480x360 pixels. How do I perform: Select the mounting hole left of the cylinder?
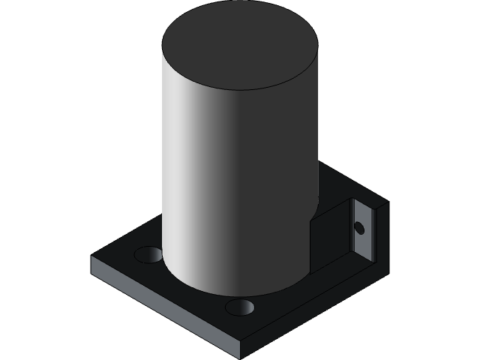pyautogui.click(x=148, y=254)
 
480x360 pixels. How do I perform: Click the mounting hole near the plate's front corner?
pyautogui.click(x=239, y=307)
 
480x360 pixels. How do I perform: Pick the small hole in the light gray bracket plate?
pyautogui.click(x=359, y=227)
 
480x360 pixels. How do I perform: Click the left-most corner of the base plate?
pyautogui.click(x=92, y=259)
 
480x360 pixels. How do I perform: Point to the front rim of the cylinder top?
pyautogui.click(x=240, y=89)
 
